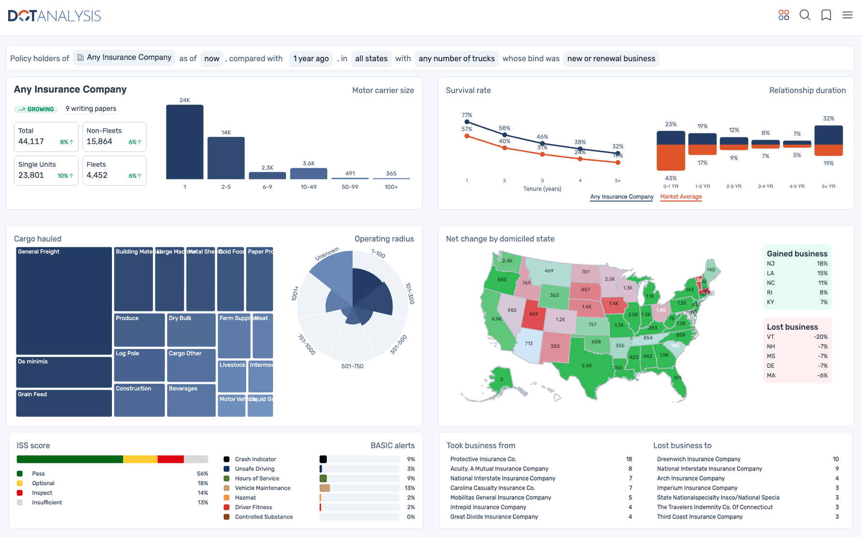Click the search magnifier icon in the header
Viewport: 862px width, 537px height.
point(805,15)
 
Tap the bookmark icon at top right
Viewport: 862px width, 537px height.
point(826,15)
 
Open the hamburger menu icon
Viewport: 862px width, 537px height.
point(847,15)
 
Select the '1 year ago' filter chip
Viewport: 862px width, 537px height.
point(311,58)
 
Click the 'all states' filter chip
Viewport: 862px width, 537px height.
point(371,58)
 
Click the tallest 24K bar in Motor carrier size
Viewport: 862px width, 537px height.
point(184,142)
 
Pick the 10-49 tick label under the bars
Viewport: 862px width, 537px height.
point(308,187)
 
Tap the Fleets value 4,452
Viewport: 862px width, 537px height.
point(97,175)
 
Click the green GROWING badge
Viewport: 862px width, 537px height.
point(36,109)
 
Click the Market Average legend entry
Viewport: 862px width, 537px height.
point(681,197)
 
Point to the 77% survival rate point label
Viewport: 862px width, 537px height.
point(466,115)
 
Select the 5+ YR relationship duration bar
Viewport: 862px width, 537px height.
point(828,141)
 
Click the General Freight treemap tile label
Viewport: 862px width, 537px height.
point(39,252)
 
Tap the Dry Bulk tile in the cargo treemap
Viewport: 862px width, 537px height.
point(180,318)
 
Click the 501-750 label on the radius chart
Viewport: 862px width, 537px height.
point(352,366)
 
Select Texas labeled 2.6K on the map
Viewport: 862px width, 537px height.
point(587,365)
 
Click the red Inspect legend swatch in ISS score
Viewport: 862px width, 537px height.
point(20,493)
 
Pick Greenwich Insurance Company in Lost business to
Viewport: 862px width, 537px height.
point(698,459)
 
